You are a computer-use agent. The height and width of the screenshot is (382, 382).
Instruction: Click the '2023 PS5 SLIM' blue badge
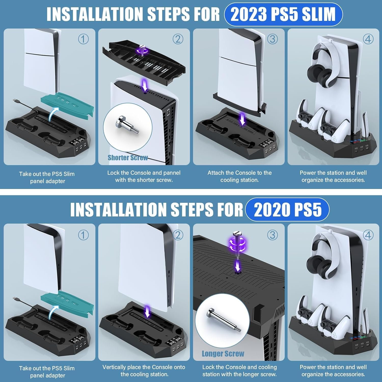[283, 14]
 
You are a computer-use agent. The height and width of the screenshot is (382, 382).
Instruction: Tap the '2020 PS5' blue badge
[287, 210]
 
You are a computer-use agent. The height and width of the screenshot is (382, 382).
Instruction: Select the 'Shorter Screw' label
[128, 158]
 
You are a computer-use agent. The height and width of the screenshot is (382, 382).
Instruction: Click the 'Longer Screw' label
[223, 354]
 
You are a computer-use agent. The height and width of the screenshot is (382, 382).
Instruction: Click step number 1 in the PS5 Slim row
[83, 39]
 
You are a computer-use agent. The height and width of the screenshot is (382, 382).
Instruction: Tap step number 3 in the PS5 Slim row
[272, 39]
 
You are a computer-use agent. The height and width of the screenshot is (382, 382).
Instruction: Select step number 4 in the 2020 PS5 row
[368, 235]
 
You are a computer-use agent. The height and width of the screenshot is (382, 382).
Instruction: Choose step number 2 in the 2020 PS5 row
[178, 235]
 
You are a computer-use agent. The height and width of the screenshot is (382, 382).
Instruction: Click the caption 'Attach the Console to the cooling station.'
[239, 176]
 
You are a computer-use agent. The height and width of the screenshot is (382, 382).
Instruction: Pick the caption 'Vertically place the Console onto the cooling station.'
[144, 371]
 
